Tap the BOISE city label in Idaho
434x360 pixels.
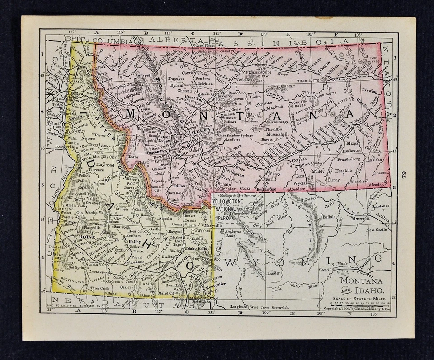coord(86,236)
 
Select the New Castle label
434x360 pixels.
coord(377,229)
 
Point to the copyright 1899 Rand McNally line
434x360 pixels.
coord(357,309)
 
